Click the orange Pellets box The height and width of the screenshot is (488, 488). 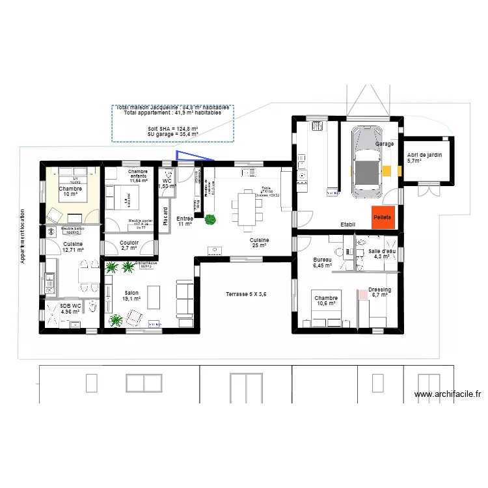click(x=382, y=217)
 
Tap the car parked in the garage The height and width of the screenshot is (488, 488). click(x=367, y=162)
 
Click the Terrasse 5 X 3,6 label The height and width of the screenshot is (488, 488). click(x=246, y=294)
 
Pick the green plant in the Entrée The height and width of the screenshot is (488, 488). click(x=210, y=220)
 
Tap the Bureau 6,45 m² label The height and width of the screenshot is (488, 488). click(x=322, y=262)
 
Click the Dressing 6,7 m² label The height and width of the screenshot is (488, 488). click(x=379, y=292)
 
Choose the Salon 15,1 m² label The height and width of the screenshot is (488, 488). click(x=131, y=296)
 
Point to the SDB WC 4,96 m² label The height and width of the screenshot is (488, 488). click(x=70, y=308)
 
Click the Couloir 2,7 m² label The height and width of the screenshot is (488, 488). click(x=129, y=245)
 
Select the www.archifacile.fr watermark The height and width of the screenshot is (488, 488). click(x=448, y=394)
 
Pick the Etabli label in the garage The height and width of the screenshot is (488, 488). click(x=348, y=225)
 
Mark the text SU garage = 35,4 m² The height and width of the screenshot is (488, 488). click(x=172, y=134)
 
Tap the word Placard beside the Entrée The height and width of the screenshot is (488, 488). click(x=165, y=215)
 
